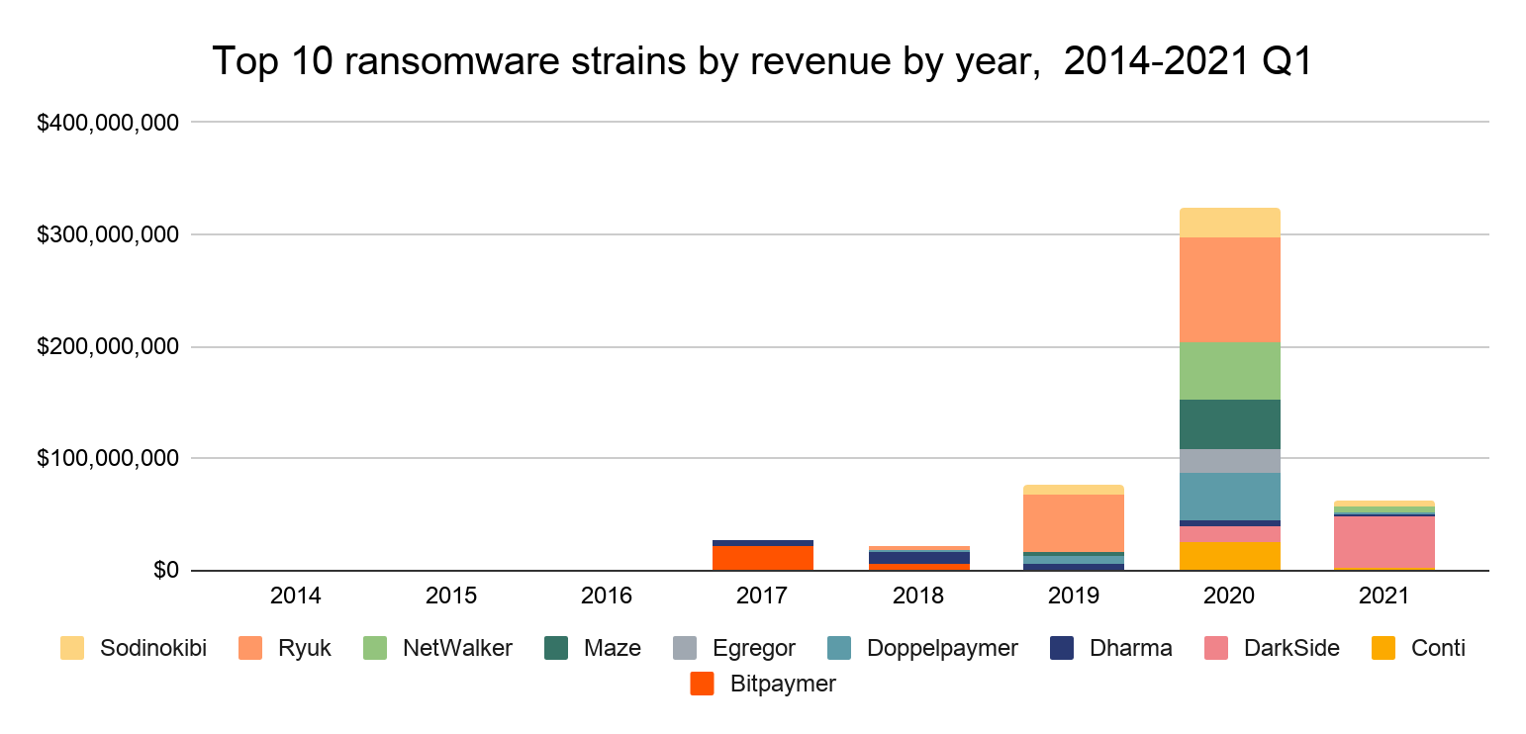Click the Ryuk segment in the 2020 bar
coord(1229,289)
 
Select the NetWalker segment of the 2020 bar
coord(1229,370)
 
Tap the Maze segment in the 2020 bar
coord(1229,423)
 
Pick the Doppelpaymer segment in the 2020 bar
coord(1229,496)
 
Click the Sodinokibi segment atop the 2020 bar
coord(1229,223)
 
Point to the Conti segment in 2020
coord(1229,556)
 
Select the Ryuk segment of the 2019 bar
coord(1073,522)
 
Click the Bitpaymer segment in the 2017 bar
coord(762,558)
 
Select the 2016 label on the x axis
coord(607,596)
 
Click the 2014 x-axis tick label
coord(295,596)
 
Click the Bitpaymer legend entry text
coord(782,684)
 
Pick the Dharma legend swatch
coord(1060,648)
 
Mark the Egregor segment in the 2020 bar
coord(1229,461)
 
